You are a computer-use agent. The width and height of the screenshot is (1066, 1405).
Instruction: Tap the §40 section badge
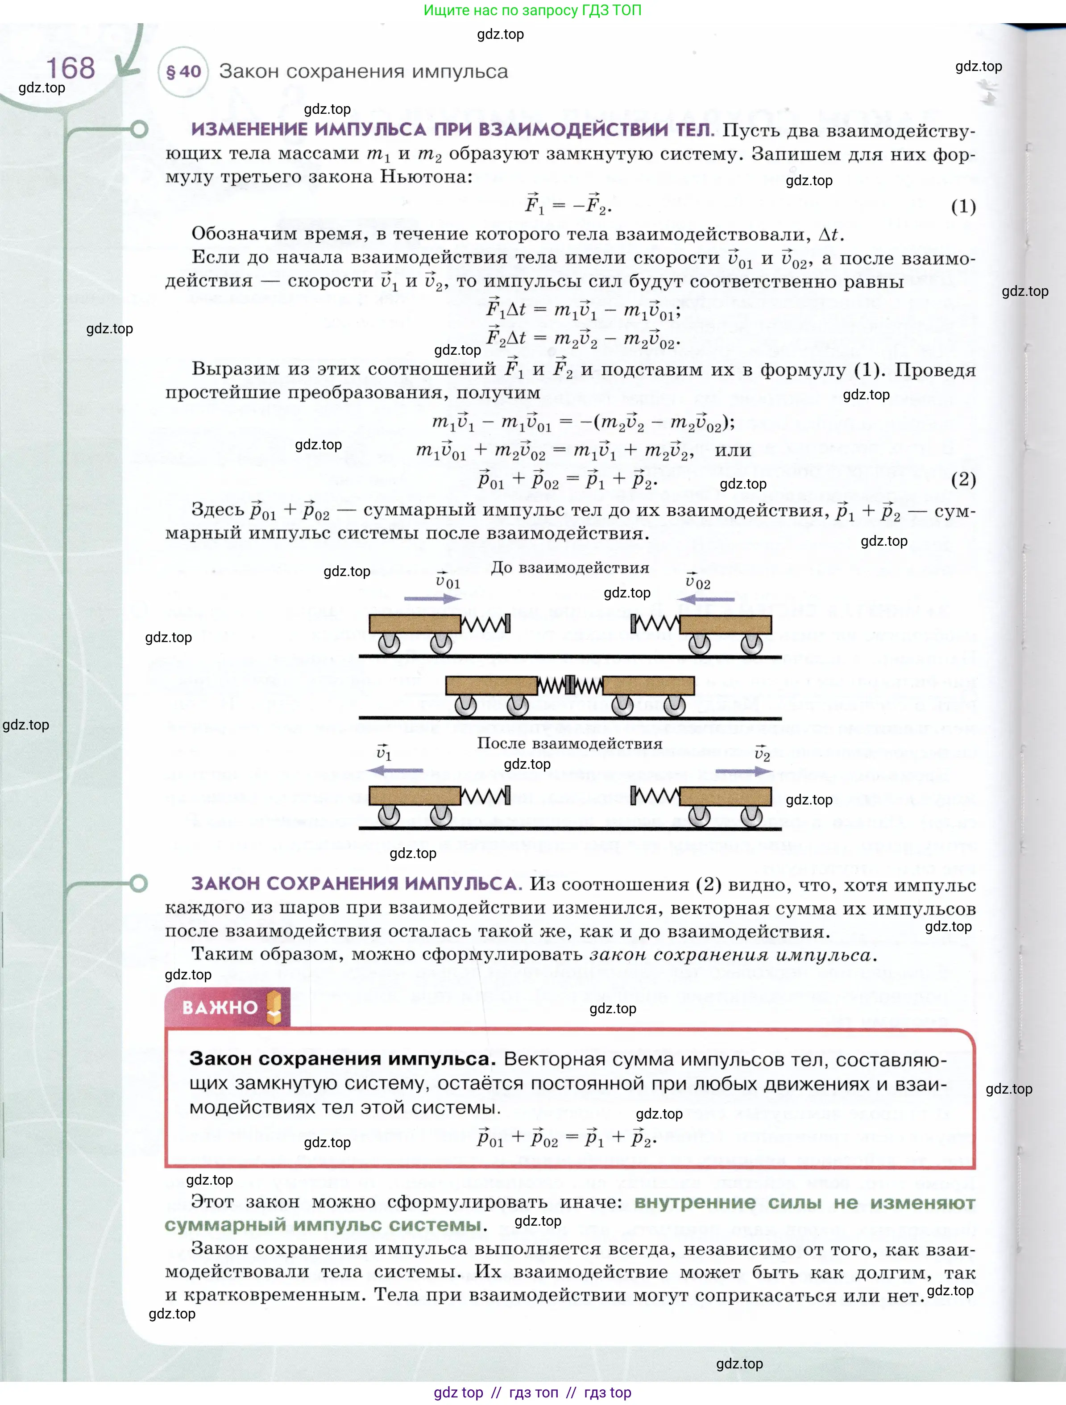click(183, 72)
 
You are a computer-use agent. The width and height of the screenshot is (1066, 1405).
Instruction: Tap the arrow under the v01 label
click(432, 598)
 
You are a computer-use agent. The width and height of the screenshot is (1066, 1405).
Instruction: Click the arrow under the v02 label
click(706, 599)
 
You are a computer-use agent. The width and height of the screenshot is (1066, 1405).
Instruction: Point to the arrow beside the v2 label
click(743, 771)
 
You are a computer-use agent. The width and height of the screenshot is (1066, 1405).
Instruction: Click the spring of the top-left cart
click(484, 624)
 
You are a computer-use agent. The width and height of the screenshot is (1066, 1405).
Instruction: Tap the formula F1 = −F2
click(567, 204)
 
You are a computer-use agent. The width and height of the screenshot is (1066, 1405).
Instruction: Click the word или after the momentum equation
click(733, 450)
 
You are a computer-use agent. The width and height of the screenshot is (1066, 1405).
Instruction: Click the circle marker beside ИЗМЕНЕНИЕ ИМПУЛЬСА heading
click(139, 129)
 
